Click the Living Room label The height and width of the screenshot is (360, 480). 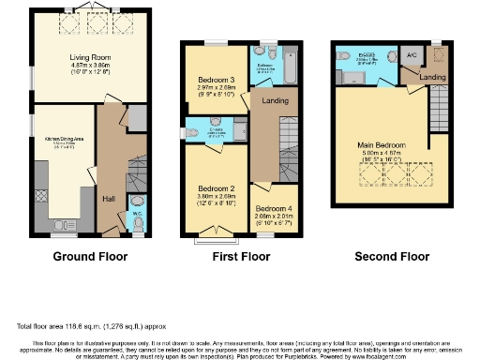[84, 57]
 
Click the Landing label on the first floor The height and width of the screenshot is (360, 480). [275, 100]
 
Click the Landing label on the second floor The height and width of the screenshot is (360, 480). [433, 77]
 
